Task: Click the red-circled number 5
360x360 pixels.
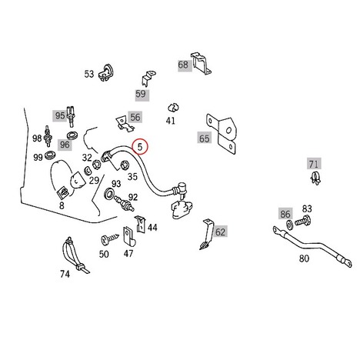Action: point(140,147)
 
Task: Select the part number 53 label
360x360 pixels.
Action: point(89,74)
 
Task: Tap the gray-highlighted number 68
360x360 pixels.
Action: point(183,65)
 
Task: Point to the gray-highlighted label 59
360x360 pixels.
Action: point(141,94)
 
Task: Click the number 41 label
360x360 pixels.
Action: point(171,120)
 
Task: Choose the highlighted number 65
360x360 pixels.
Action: point(205,138)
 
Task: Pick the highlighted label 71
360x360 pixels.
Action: point(314,164)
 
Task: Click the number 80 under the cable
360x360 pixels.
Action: point(304,258)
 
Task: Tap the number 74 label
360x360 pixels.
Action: point(65,274)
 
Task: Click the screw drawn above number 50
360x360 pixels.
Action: point(110,239)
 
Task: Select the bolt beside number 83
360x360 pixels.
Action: point(303,221)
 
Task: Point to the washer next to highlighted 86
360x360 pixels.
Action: point(290,225)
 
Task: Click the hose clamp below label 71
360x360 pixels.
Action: point(315,178)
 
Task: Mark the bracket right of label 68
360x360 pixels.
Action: point(201,63)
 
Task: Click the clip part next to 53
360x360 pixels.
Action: point(106,72)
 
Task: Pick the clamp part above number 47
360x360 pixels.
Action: point(128,236)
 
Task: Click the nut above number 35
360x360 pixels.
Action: point(125,165)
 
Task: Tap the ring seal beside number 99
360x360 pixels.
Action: point(51,155)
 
